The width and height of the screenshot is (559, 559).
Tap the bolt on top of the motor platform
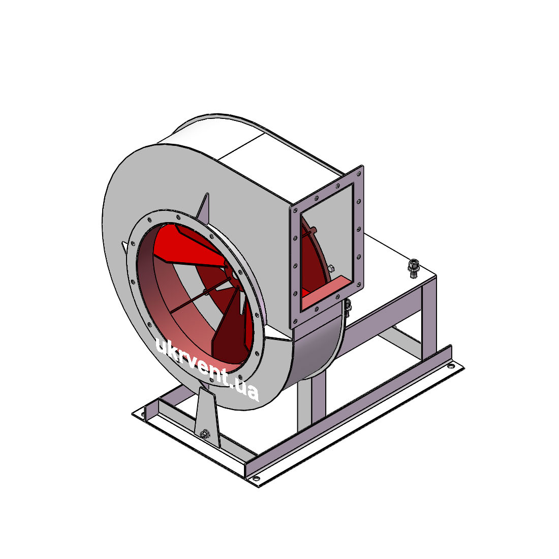413,268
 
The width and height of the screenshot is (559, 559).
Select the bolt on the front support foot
205,434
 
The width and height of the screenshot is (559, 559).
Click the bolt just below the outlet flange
348,307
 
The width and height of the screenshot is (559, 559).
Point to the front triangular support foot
207,417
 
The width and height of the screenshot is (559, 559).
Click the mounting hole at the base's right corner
451,366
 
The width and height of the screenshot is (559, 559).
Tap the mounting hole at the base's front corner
256,479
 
